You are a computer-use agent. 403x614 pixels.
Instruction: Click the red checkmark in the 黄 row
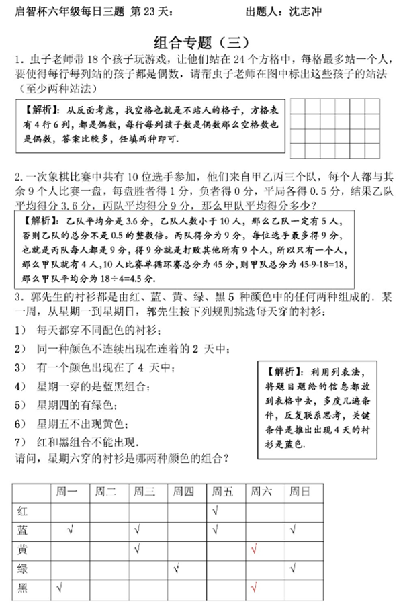253,550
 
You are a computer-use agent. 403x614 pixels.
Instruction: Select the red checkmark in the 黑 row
253,589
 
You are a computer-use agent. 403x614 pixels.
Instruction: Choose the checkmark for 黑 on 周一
59,588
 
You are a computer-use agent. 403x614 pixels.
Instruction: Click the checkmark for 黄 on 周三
136,550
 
